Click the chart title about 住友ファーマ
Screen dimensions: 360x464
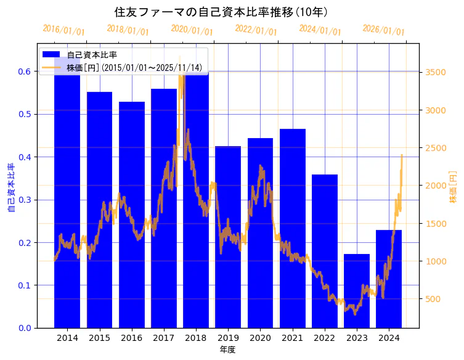coord(221,12)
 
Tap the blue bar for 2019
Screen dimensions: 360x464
coord(228,247)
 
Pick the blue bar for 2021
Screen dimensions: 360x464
coord(292,234)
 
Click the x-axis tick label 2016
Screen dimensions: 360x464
coord(131,338)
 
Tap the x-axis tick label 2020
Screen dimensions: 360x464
coord(260,338)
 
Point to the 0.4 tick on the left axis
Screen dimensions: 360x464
coord(24,157)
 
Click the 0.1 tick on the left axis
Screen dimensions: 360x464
coord(24,285)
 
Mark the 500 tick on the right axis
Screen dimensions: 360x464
coord(433,300)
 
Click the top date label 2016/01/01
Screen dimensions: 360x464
coord(63,30)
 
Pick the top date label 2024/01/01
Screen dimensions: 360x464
coord(320,30)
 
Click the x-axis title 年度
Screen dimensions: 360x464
coord(228,350)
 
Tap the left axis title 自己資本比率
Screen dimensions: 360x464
coord(10,188)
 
